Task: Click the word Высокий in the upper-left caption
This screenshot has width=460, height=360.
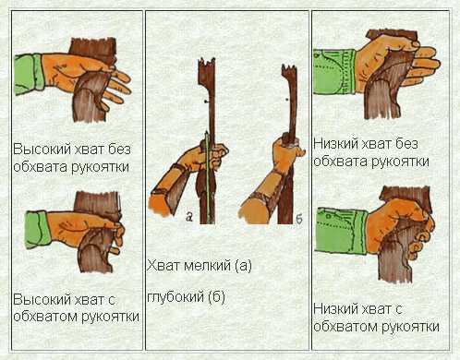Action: pyautogui.click(x=42, y=150)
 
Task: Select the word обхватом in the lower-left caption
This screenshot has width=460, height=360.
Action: pyautogui.click(x=42, y=317)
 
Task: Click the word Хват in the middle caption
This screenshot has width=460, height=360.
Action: pyautogui.click(x=163, y=265)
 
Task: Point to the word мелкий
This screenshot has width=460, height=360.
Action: pyautogui.click(x=207, y=266)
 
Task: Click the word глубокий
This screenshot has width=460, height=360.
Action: pyautogui.click(x=176, y=296)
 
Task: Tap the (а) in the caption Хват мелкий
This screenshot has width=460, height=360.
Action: pyautogui.click(x=243, y=266)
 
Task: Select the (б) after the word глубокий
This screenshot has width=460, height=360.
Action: pyautogui.click(x=217, y=297)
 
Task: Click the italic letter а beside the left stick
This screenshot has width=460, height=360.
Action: pyautogui.click(x=189, y=218)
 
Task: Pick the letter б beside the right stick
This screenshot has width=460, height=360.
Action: pyautogui.click(x=299, y=219)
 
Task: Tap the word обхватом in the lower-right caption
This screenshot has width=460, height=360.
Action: pyautogui.click(x=343, y=326)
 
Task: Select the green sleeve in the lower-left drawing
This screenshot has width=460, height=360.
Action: pyautogui.click(x=38, y=229)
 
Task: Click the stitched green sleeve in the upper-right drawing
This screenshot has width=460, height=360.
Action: pyautogui.click(x=334, y=72)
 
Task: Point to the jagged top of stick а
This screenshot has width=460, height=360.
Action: pyautogui.click(x=207, y=65)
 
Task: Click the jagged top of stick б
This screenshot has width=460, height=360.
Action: pyautogui.click(x=289, y=69)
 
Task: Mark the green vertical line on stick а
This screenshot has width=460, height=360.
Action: pyautogui.click(x=208, y=177)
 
